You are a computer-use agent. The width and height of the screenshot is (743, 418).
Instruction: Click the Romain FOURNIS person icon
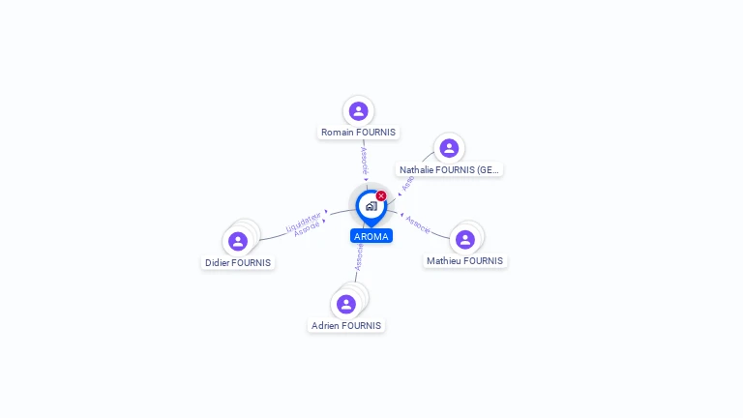[x=359, y=111]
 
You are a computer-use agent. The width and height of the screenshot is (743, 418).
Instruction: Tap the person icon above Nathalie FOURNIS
[x=449, y=148]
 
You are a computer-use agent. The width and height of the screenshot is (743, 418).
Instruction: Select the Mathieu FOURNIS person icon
[x=465, y=239]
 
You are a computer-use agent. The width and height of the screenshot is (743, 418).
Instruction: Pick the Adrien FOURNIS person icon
[x=346, y=305]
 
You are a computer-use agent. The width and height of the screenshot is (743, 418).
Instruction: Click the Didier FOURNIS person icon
[x=238, y=241]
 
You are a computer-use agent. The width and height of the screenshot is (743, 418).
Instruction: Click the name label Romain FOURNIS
[x=358, y=133]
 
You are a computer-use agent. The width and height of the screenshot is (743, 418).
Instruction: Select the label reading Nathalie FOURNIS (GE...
[x=450, y=169]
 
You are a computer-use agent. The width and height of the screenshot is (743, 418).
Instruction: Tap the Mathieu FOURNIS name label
[x=465, y=261]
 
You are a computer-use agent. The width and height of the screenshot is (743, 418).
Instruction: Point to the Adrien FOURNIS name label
[x=346, y=326]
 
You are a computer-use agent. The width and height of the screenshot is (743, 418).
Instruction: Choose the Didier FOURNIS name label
[x=238, y=263]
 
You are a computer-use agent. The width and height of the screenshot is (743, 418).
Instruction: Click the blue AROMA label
[x=371, y=236]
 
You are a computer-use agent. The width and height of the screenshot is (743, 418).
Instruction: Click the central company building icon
[x=371, y=206]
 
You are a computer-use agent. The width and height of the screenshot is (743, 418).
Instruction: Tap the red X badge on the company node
[x=381, y=196]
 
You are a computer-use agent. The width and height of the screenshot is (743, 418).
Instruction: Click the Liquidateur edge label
[x=304, y=222]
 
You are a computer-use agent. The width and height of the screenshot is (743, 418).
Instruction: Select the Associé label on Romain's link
[x=365, y=162]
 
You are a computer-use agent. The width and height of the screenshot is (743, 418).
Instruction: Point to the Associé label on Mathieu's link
[x=418, y=224]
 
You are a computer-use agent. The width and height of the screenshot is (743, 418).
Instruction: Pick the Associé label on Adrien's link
[x=359, y=256]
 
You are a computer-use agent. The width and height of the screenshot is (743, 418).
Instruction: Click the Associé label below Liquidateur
[x=308, y=229]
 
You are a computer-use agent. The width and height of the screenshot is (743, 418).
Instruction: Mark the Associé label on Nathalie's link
[x=406, y=183]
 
